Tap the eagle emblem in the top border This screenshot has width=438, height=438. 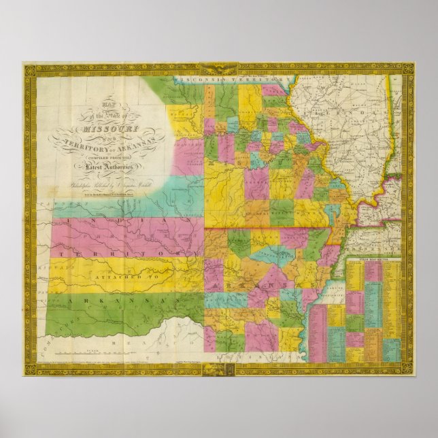tap(219, 68)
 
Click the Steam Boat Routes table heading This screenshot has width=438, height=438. tap(373, 259)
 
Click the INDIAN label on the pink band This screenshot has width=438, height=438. tap(102, 223)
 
